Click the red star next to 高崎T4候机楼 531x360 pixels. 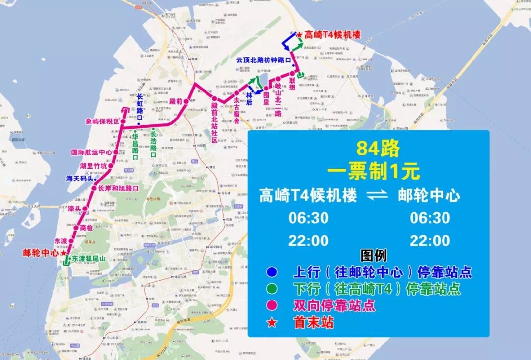pyautogui.click(x=300, y=35)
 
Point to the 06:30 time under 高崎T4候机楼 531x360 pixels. pyautogui.click(x=308, y=218)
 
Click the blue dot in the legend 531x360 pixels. pyautogui.click(x=271, y=272)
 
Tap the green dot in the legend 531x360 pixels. pyautogui.click(x=271, y=289)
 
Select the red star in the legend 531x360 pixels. pyautogui.click(x=271, y=323)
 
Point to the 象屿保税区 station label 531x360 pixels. pyautogui.click(x=103, y=121)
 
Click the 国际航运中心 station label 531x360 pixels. pyautogui.click(x=91, y=152)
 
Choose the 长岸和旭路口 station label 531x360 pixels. pyautogui.click(x=118, y=188)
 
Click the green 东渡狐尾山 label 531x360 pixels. pyautogui.click(x=88, y=258)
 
